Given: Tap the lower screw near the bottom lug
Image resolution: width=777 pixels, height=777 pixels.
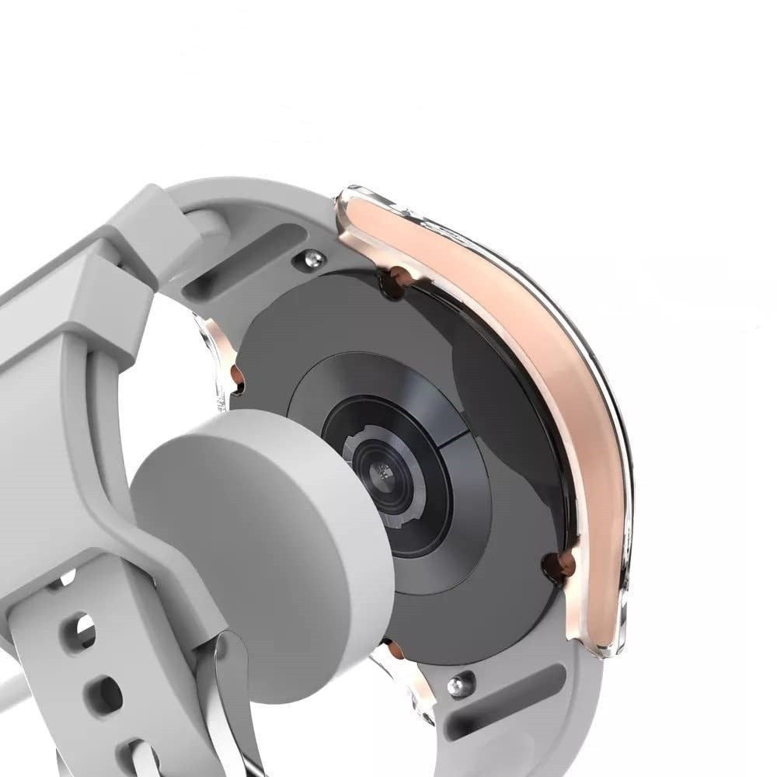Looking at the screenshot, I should click(x=460, y=684).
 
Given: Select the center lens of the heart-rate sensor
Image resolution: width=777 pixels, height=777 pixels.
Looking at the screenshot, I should click(x=381, y=471).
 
